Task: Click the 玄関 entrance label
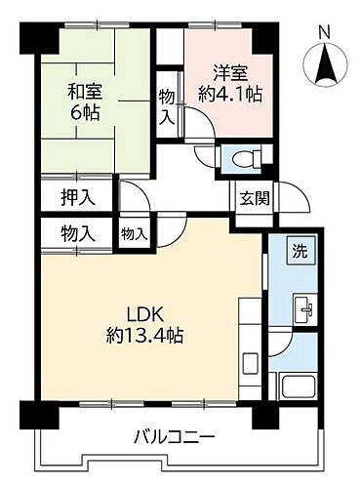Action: point(244,196)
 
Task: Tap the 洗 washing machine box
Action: point(300,249)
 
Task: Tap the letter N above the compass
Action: point(325,31)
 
